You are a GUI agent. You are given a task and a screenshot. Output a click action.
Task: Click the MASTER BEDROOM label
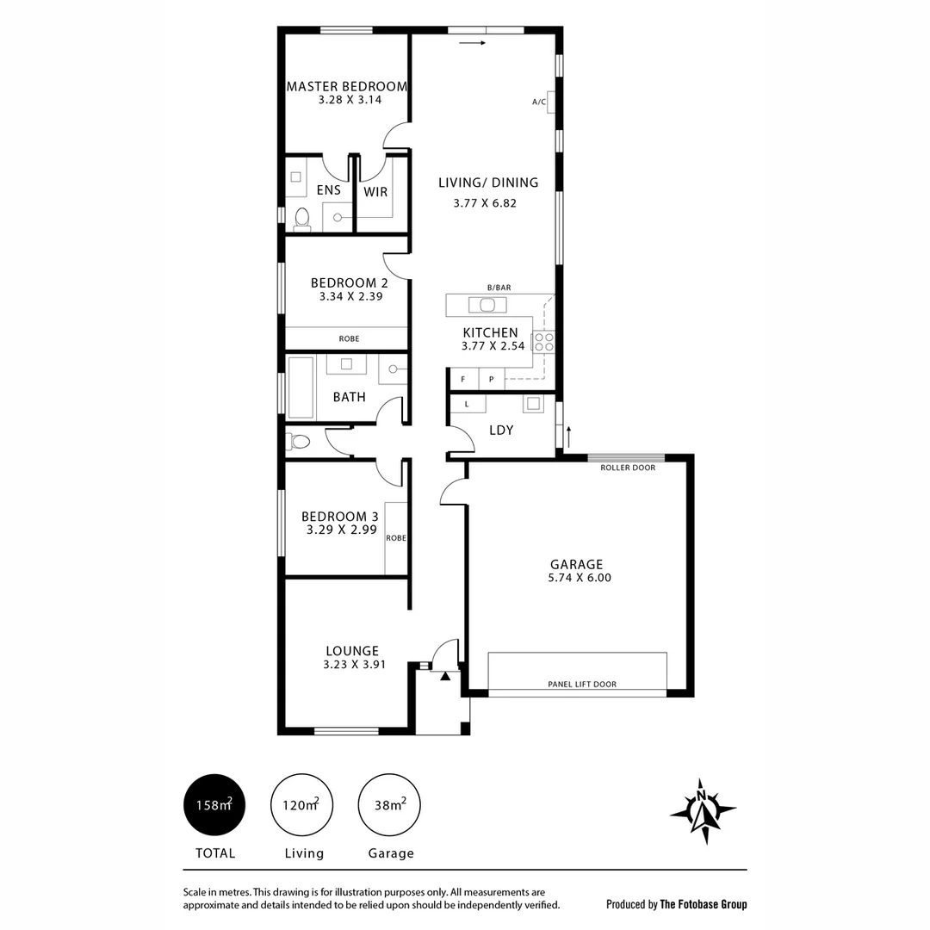pyautogui.click(x=346, y=86)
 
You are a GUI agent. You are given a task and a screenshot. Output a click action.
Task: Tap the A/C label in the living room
pyautogui.click(x=539, y=102)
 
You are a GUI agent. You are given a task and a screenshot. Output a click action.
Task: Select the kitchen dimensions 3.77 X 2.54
pyautogui.click(x=490, y=346)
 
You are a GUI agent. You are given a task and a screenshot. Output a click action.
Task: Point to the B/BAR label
pyautogui.click(x=499, y=288)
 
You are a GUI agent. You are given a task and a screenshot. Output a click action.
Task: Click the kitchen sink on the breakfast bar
pyautogui.click(x=487, y=304)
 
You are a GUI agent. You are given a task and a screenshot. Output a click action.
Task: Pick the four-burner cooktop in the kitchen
pyautogui.click(x=543, y=342)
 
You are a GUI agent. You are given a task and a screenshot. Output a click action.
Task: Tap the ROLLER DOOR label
pyautogui.click(x=628, y=468)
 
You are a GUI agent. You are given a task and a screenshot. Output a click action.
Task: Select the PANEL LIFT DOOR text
pyautogui.click(x=582, y=685)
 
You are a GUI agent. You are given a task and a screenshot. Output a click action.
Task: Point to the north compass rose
pyautogui.click(x=704, y=810)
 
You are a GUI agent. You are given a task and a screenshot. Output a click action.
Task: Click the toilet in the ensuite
pyautogui.click(x=301, y=219)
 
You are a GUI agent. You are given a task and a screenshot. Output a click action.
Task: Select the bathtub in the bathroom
pyautogui.click(x=301, y=388)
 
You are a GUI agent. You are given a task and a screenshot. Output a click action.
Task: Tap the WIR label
pyautogui.click(x=375, y=192)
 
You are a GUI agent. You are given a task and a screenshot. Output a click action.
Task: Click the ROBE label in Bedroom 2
pyautogui.click(x=349, y=339)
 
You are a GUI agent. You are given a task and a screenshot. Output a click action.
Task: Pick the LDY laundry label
pyautogui.click(x=501, y=430)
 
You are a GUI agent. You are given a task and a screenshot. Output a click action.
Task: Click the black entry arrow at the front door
pyautogui.click(x=445, y=677)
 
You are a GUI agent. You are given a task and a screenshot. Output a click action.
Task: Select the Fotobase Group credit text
pyautogui.click(x=677, y=904)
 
